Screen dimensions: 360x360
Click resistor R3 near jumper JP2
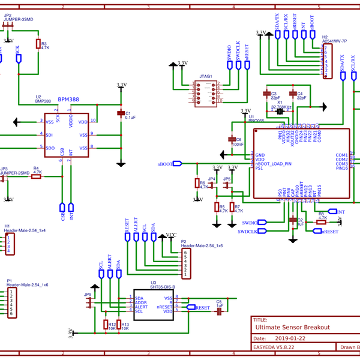click(x=38, y=44)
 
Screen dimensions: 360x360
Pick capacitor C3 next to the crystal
click(x=267, y=94)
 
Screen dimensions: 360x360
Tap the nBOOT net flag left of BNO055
click(x=176, y=163)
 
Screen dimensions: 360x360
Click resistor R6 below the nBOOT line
click(x=197, y=183)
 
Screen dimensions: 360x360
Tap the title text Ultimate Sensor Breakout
click(x=292, y=327)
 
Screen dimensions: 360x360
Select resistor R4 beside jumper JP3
click(x=37, y=176)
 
